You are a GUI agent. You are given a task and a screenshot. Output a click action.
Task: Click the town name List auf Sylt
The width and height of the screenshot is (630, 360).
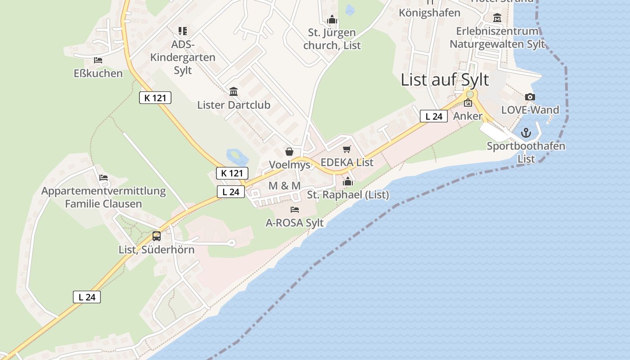(445, 80)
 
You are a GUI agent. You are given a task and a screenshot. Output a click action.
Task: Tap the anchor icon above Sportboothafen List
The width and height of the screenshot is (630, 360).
(526, 133)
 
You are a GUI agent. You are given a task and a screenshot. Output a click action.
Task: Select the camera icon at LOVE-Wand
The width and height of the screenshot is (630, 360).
(530, 97)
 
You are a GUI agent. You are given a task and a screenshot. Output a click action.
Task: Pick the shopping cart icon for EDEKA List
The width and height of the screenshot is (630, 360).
(346, 149)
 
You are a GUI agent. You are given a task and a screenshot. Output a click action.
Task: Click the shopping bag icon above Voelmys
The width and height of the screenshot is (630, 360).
(289, 152)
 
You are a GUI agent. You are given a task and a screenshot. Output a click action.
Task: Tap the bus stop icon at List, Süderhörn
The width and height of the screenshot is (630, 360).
(157, 236)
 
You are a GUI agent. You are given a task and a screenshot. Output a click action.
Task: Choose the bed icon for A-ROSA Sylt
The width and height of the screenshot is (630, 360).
(295, 210)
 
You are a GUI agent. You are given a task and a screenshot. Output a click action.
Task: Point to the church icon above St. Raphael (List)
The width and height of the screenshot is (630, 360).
(348, 182)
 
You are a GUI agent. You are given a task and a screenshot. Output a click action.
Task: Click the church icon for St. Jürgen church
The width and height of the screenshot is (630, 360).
(332, 20)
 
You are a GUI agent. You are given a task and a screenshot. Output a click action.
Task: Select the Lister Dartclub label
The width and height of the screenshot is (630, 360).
(234, 105)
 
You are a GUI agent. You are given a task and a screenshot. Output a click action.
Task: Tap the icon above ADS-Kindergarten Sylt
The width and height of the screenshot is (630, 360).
(182, 31)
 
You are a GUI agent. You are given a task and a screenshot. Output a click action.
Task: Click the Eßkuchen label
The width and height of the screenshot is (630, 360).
(98, 73)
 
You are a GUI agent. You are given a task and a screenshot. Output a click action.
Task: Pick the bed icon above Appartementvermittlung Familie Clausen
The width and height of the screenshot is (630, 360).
(103, 178)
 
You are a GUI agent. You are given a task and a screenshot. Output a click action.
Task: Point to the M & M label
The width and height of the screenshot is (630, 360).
(284, 185)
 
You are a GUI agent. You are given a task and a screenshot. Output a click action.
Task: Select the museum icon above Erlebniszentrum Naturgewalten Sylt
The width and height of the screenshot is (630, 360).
(497, 18)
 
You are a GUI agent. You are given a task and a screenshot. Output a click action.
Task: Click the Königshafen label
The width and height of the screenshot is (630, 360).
(429, 13)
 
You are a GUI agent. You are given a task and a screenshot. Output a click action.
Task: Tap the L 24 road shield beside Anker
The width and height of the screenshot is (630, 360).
(434, 117)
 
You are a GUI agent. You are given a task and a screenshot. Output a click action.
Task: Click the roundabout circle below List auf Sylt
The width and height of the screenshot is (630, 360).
(470, 94)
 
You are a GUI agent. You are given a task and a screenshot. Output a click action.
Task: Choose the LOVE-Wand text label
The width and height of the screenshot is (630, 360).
(530, 110)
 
